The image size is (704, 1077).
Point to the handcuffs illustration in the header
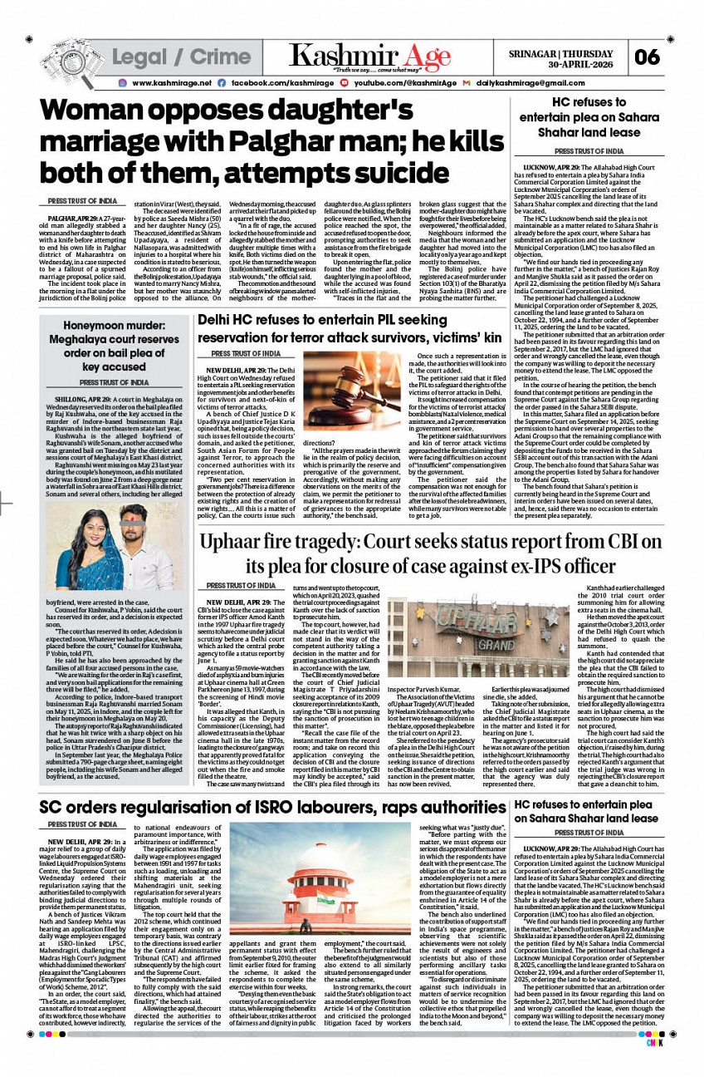[69, 57]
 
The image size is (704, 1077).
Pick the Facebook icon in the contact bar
[221, 83]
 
